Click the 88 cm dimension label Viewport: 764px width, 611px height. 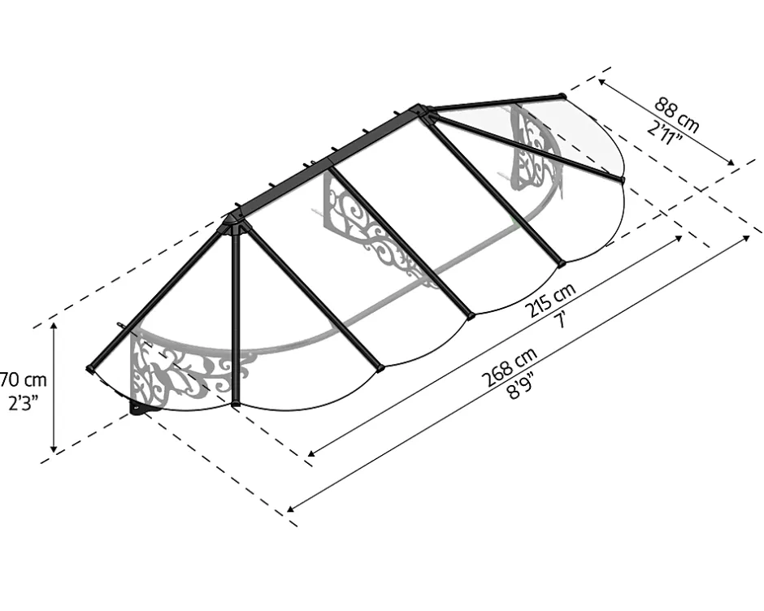676,115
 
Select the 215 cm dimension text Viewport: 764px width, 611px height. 549,299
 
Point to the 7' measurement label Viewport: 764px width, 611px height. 563,319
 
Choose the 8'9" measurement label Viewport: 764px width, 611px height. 521,385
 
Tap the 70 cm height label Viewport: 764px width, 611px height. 23,379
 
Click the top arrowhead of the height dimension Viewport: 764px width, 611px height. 54,326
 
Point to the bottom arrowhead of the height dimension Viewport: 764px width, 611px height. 54,448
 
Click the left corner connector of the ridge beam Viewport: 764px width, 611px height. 236,223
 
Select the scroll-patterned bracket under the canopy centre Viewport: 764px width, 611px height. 375,235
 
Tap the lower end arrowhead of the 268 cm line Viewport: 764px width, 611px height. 290,509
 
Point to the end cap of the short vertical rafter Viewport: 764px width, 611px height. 236,404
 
